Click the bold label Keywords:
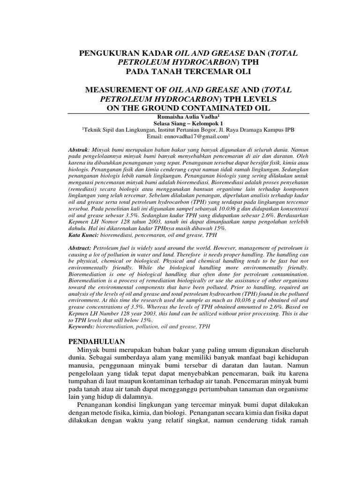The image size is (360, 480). (82, 326)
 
